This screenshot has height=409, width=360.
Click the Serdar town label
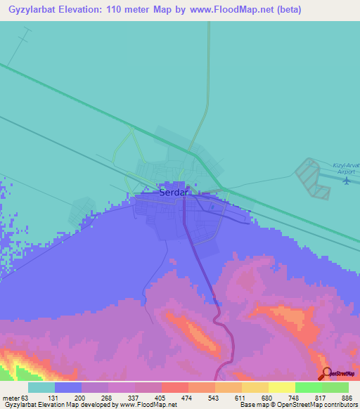[172, 192]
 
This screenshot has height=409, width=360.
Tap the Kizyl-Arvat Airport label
[346, 168]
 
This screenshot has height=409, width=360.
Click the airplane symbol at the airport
[347, 181]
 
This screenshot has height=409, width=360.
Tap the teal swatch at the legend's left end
[41, 387]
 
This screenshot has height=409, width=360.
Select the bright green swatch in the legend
[308, 387]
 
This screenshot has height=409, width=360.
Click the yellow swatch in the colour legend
[281, 387]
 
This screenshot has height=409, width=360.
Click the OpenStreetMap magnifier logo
[327, 374]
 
